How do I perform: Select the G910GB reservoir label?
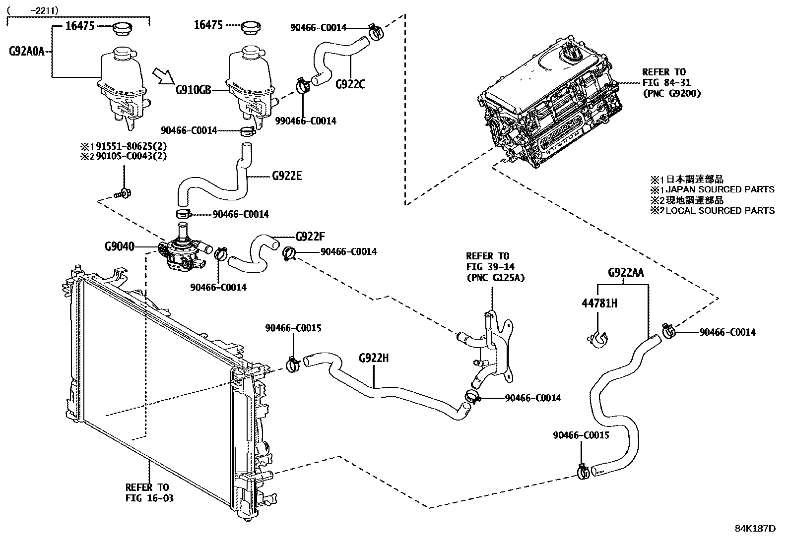click(194, 90)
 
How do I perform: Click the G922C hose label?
click(350, 84)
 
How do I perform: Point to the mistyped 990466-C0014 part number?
click(306, 121)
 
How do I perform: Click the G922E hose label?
click(287, 176)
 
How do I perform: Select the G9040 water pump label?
click(120, 246)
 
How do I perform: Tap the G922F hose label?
click(310, 236)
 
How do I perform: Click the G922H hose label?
click(374, 358)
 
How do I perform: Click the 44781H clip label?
click(599, 303)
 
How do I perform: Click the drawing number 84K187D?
click(755, 528)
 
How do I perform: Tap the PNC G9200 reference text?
click(671, 92)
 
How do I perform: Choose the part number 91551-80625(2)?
click(131, 147)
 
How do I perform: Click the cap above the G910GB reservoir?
click(251, 28)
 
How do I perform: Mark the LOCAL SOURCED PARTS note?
click(720, 211)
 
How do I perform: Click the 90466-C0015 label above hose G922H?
click(293, 328)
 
